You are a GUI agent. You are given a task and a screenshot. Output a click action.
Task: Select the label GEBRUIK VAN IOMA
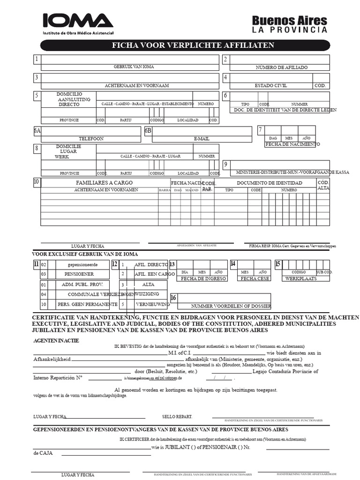click(134, 67)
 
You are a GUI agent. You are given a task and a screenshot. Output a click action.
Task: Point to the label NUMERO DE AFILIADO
click(281, 67)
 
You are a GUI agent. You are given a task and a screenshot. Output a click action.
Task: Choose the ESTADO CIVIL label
click(270, 86)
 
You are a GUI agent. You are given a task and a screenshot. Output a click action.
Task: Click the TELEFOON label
click(91, 139)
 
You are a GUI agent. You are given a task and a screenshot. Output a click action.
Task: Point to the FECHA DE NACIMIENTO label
click(292, 144)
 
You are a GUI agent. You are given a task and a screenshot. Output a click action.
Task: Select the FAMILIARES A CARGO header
click(104, 182)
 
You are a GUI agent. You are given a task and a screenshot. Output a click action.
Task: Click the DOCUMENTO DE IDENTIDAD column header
click(269, 183)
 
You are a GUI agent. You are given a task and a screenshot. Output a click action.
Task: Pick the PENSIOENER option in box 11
click(79, 274)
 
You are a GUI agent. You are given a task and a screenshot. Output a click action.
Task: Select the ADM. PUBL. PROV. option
click(79, 285)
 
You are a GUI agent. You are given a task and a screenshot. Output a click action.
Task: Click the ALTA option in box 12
click(148, 285)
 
